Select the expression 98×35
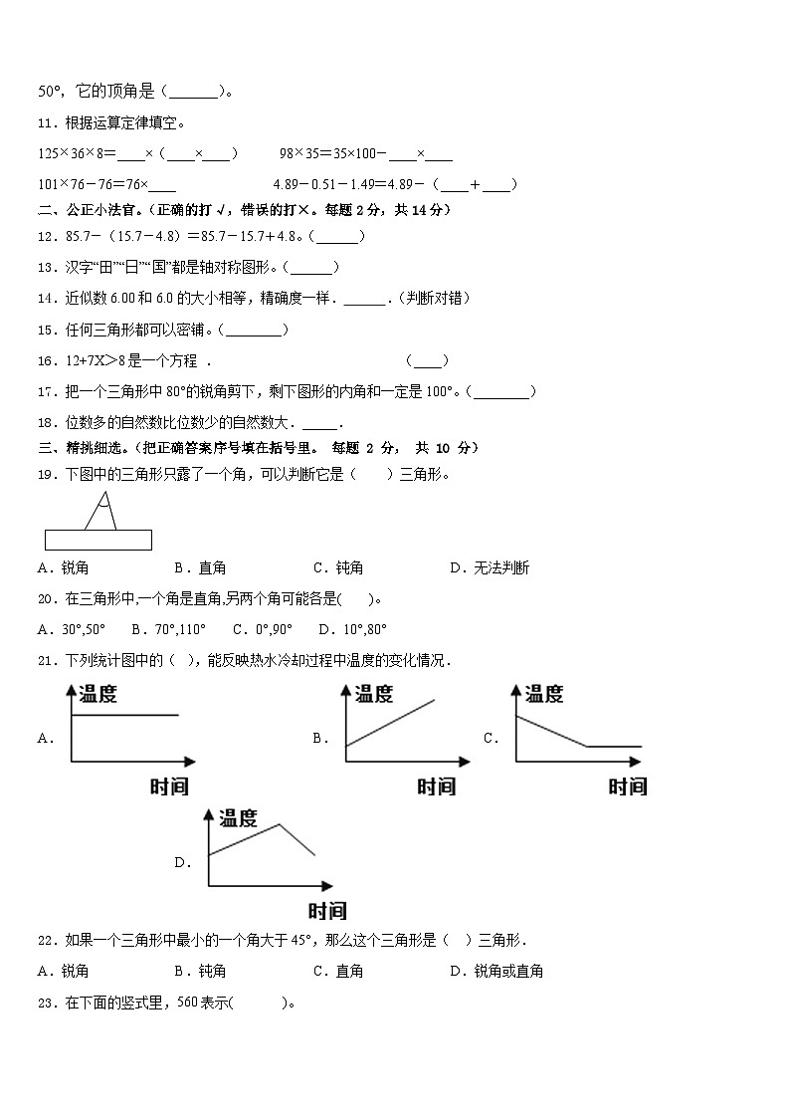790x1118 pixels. pyautogui.click(x=300, y=153)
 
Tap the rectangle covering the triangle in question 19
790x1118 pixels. pyautogui.click(x=99, y=540)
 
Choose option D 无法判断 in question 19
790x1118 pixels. pyautogui.click(x=490, y=567)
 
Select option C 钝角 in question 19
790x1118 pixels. pyautogui.click(x=338, y=567)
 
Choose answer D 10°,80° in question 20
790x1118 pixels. pyautogui.click(x=353, y=629)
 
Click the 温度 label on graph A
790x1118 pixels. pyautogui.click(x=98, y=694)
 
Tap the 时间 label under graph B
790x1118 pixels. pyautogui.click(x=436, y=786)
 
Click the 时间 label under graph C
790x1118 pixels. pyautogui.click(x=627, y=786)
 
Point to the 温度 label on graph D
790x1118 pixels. pyautogui.click(x=238, y=818)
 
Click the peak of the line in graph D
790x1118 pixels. pyautogui.click(x=279, y=824)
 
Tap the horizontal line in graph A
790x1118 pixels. pyautogui.click(x=125, y=715)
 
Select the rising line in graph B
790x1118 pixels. pyautogui.click(x=390, y=724)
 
